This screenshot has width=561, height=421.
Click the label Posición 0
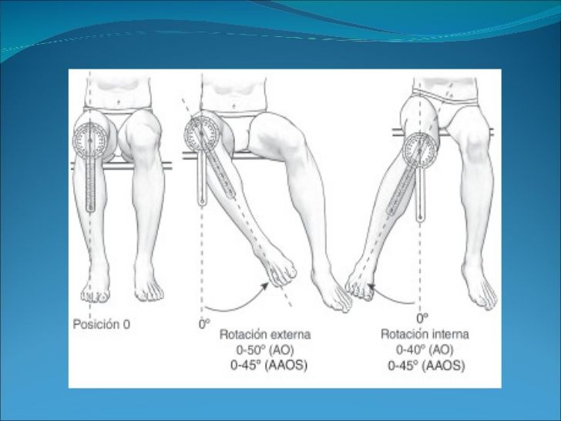click(x=102, y=325)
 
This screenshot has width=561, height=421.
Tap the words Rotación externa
click(x=264, y=335)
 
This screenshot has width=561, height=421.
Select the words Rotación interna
click(x=425, y=335)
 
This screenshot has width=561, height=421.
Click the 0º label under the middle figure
click(x=203, y=325)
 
